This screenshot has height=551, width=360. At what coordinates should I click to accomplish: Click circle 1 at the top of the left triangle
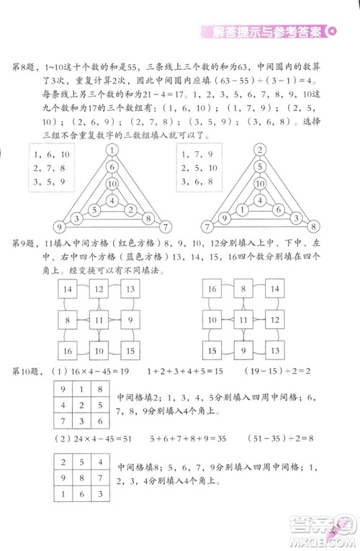tap(112, 151)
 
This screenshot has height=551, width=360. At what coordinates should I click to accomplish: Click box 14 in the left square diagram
tap(67, 290)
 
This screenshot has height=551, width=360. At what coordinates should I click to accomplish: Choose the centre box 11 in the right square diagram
tap(245, 320)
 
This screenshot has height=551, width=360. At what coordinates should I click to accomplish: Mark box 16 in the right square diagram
tap(212, 290)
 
